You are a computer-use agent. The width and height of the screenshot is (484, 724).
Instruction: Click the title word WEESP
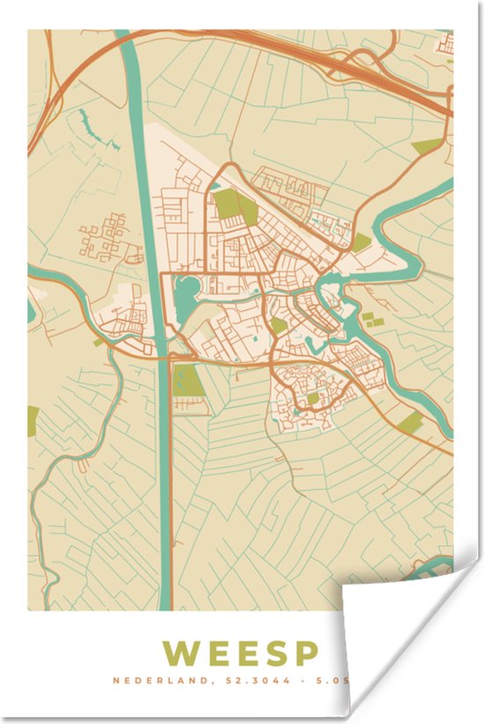pyautogui.click(x=239, y=654)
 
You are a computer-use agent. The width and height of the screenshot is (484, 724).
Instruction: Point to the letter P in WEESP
pyautogui.click(x=304, y=654)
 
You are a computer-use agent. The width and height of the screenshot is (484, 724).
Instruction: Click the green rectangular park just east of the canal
pyautogui.click(x=187, y=381)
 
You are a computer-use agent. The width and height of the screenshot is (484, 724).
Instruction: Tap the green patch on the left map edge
pyautogui.click(x=33, y=421)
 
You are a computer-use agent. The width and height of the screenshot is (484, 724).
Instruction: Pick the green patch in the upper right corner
pyautogui.click(x=427, y=146)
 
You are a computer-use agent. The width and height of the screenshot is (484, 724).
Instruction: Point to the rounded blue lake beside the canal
pyautogui.click(x=187, y=295)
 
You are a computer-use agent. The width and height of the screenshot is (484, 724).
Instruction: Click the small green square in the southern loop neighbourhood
pyautogui.click(x=313, y=398)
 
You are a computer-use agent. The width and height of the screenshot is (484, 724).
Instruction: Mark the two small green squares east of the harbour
pyautogui.click(x=372, y=319)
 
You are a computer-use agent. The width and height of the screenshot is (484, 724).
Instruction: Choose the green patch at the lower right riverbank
pyautogui.click(x=409, y=424)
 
